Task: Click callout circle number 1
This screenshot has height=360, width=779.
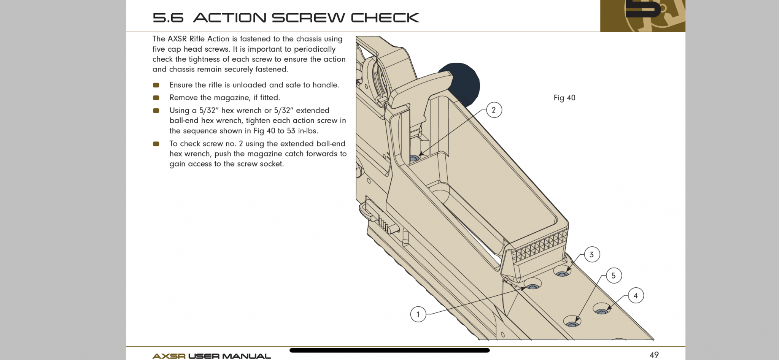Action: [418, 314]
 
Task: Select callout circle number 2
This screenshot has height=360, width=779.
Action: [494, 110]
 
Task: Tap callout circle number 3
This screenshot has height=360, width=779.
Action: [591, 255]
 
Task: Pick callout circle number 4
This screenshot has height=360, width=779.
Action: [636, 296]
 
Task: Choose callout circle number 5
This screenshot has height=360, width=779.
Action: [614, 276]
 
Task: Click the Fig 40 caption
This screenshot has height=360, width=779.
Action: [564, 98]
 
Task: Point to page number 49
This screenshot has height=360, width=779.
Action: [654, 355]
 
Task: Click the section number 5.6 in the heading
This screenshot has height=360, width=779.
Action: [168, 18]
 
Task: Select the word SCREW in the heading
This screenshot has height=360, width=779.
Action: [307, 18]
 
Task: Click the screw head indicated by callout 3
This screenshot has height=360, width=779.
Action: [562, 273]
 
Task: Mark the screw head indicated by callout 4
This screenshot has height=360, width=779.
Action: [601, 311]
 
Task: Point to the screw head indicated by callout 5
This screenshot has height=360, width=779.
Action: [572, 324]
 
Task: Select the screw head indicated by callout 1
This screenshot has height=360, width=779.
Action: [533, 286]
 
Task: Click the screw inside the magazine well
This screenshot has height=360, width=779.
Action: [414, 158]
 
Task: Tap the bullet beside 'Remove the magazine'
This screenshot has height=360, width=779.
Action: [156, 98]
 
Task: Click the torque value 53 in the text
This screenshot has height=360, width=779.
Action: [291, 131]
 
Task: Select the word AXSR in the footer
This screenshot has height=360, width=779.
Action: [169, 356]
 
